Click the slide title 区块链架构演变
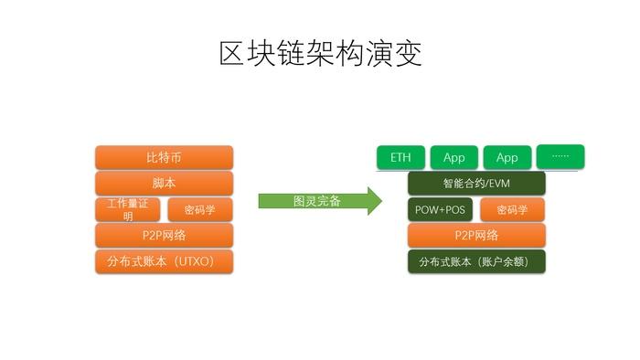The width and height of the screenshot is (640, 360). (x=320, y=54)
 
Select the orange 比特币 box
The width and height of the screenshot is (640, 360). (x=164, y=157)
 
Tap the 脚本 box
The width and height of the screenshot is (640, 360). (x=164, y=183)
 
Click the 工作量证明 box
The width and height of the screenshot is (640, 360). (x=128, y=209)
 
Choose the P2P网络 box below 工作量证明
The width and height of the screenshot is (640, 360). (x=164, y=236)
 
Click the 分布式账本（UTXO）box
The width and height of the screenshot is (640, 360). (x=164, y=262)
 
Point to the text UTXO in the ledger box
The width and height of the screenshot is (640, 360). (x=195, y=262)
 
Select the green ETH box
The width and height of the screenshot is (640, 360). (x=400, y=157)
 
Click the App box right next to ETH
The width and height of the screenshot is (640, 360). (x=453, y=157)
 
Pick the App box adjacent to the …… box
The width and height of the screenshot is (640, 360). (x=507, y=157)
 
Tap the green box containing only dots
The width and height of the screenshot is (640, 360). (x=560, y=156)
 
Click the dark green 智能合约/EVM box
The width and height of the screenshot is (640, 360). (x=476, y=183)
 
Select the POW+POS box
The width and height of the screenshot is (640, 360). (x=440, y=209)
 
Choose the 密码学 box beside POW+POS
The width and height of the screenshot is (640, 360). (x=512, y=209)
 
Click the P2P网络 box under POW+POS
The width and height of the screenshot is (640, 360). (x=476, y=236)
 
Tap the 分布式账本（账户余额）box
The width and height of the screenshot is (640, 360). (x=476, y=262)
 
